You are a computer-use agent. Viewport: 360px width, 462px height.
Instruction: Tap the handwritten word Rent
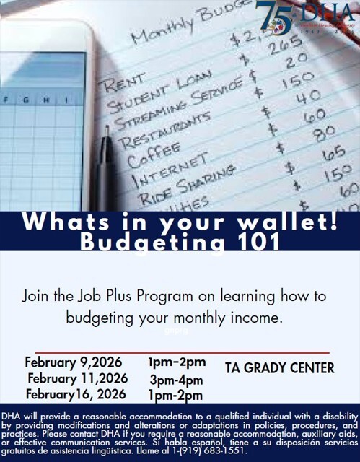pyautogui.click(x=126, y=84)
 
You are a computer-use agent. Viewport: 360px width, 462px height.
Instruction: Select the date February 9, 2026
pyautogui.click(x=73, y=362)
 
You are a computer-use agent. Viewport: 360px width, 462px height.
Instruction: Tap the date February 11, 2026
pyautogui.click(x=77, y=378)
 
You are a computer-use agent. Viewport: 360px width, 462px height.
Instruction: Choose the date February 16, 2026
pyautogui.click(x=75, y=394)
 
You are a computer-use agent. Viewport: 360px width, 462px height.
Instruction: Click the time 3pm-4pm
pyautogui.click(x=176, y=379)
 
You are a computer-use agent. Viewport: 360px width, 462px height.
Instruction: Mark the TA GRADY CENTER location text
pyautogui.click(x=280, y=368)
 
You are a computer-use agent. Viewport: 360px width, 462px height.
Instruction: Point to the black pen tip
pyautogui.click(x=107, y=131)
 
